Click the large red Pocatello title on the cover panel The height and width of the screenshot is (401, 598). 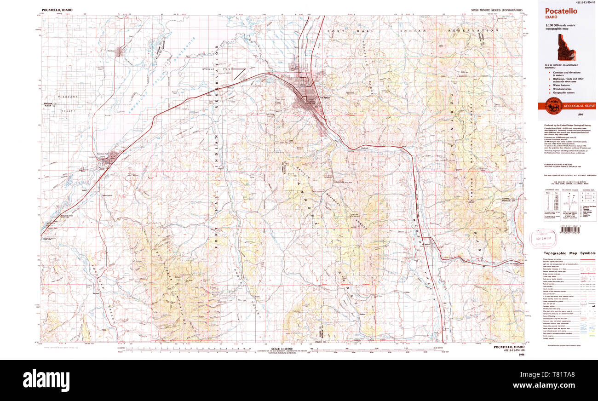tap(561, 11)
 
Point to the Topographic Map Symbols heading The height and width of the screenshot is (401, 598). tap(569, 253)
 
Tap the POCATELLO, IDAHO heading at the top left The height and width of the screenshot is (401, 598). tap(57, 10)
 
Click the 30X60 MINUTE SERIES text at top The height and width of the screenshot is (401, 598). tap(497, 10)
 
